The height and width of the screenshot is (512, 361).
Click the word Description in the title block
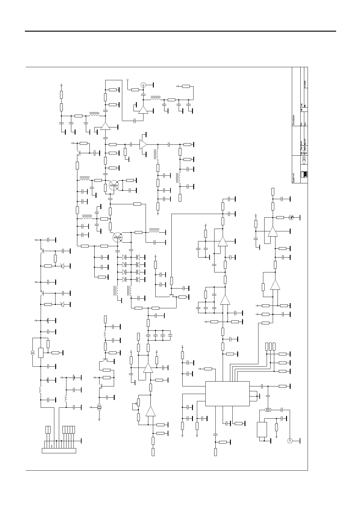click(294, 120)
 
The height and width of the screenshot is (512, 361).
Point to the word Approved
click(305, 143)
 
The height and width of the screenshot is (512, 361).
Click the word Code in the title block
click(302, 104)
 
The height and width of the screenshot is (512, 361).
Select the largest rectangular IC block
click(228, 393)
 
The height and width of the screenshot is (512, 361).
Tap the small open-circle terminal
click(128, 80)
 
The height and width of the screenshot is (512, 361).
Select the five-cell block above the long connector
click(69, 430)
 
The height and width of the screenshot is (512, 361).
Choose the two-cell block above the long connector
click(48, 430)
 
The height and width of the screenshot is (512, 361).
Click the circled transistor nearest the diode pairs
click(117, 237)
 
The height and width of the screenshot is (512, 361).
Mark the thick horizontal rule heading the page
click(180, 31)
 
